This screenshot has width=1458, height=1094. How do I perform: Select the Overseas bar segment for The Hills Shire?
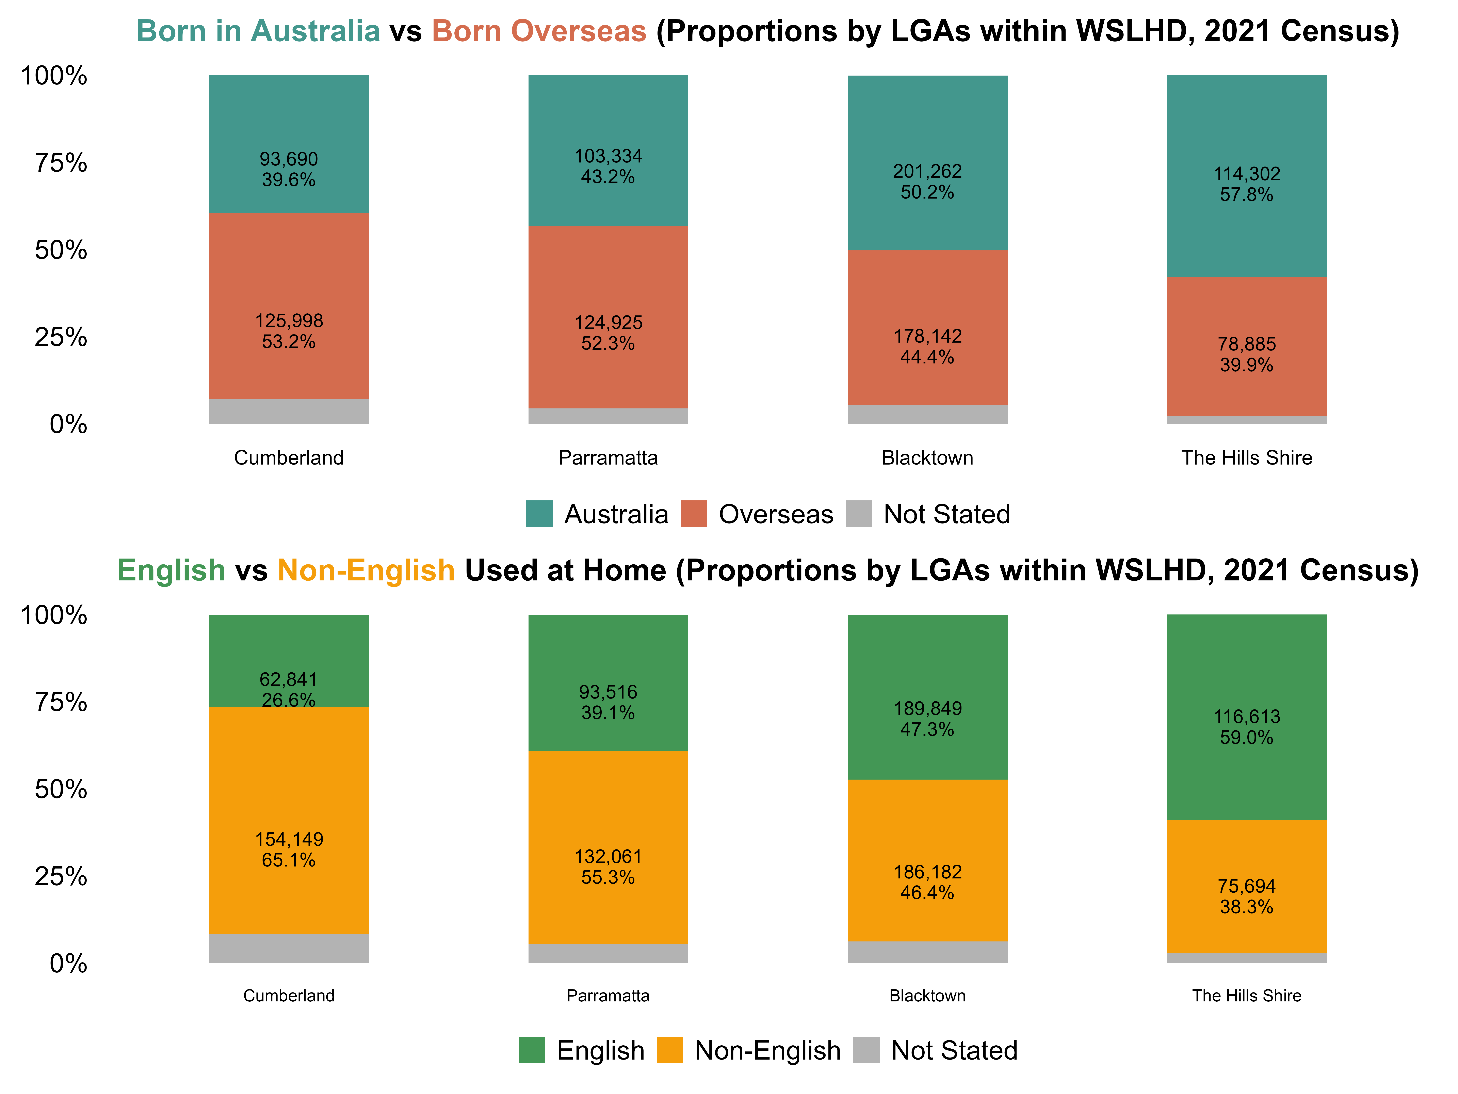pos(1246,346)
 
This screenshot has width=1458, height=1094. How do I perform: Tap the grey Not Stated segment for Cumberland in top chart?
pos(289,411)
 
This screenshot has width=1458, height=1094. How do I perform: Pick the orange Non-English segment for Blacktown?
pos(927,861)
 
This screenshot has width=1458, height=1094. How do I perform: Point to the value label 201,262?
pos(927,171)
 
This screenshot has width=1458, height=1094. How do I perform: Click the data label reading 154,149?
pos(289,840)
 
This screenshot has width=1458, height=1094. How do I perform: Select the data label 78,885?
pos(1246,344)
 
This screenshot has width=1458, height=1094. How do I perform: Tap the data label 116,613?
pos(1246,717)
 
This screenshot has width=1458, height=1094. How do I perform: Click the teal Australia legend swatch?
pos(539,514)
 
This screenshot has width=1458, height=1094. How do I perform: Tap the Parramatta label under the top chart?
pos(608,458)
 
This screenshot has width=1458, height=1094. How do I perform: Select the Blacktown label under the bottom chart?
pos(927,996)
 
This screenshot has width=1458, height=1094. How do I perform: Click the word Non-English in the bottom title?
pos(366,571)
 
